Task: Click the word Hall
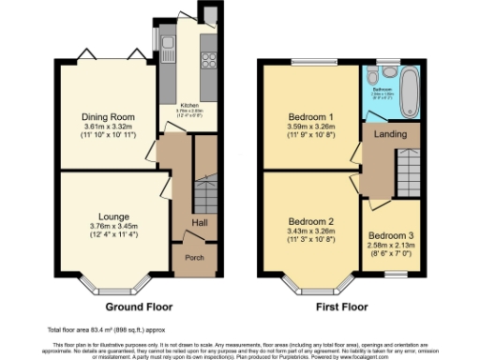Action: point(201,222)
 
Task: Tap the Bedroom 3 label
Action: point(388,235)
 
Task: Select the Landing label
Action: point(390,134)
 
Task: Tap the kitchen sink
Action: point(166,42)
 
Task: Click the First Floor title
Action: point(338,307)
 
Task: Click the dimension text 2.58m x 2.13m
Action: point(388,246)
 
